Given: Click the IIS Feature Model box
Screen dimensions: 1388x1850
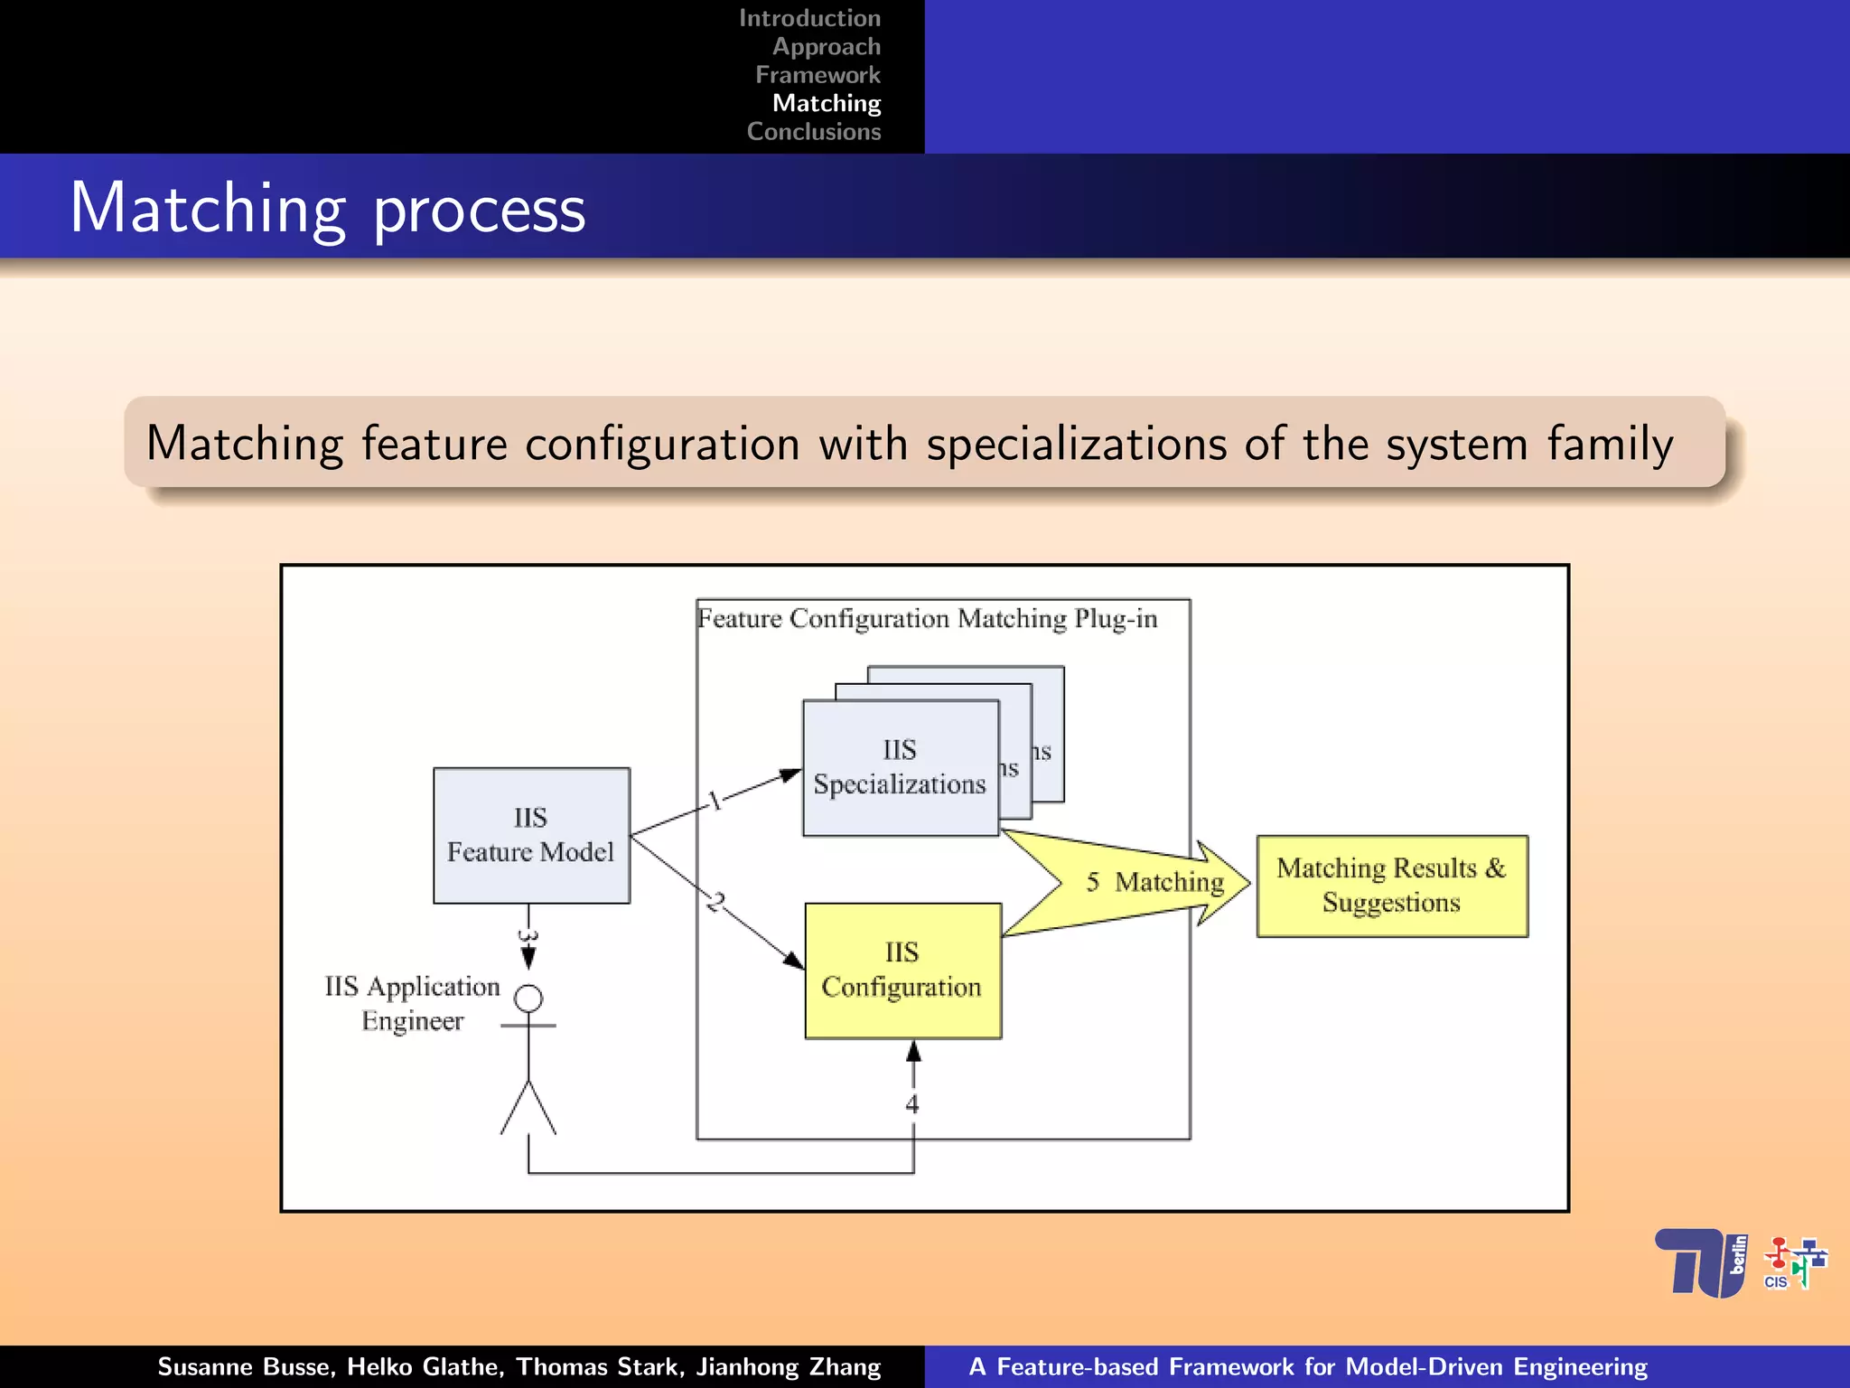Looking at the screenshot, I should (531, 835).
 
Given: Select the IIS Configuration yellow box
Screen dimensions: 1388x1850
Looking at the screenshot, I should (902, 971).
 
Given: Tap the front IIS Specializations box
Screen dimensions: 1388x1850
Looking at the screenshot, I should (900, 767).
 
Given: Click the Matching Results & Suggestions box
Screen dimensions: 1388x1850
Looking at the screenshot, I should (1391, 886).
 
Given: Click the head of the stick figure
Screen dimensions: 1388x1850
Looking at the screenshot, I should (528, 999).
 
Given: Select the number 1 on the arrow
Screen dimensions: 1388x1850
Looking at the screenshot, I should (715, 801).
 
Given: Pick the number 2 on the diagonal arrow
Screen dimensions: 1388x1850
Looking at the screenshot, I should (716, 902).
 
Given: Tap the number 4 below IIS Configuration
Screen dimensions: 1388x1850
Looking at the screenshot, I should (912, 1103).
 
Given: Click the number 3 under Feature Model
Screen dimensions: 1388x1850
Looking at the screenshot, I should (528, 936).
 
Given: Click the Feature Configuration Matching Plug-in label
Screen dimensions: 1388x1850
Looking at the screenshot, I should (927, 619).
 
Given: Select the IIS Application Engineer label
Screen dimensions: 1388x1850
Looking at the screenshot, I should (412, 1003).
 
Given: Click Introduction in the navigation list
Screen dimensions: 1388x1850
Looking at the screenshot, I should (809, 18).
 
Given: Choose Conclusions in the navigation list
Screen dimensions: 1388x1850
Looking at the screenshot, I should (813, 132).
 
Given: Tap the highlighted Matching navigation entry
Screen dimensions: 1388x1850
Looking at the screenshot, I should (826, 103).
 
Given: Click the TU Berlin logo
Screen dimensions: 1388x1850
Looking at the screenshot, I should (1701, 1262).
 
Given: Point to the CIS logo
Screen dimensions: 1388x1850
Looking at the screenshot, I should (1794, 1263).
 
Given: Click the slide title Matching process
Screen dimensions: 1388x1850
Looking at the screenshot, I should (328, 209).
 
